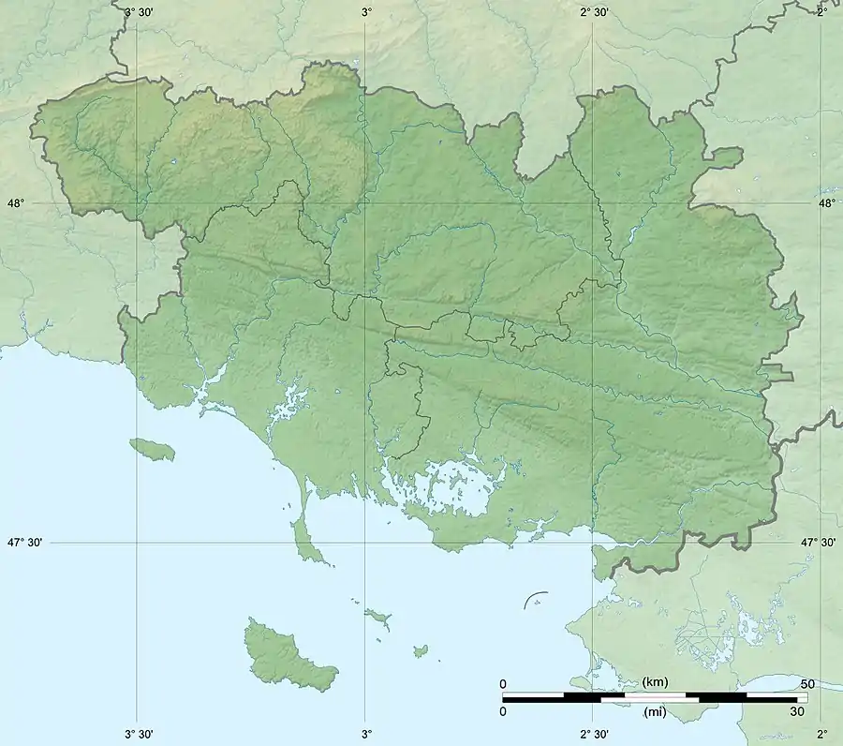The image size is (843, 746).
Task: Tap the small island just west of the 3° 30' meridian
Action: click(x=152, y=449)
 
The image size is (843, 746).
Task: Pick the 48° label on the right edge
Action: click(x=827, y=203)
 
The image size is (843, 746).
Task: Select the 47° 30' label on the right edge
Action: click(x=820, y=543)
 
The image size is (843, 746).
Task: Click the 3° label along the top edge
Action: click(x=366, y=11)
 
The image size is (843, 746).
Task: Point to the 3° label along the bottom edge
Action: click(x=366, y=734)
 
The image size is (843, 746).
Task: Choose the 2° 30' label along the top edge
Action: click(x=594, y=11)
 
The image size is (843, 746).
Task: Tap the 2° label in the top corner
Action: click(x=822, y=11)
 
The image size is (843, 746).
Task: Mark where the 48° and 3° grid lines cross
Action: click(x=366, y=203)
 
